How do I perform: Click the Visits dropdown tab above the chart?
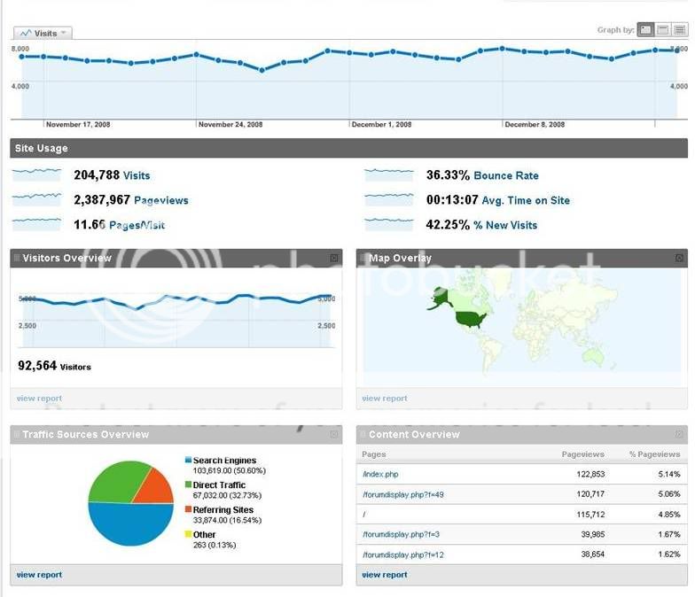coord(42,34)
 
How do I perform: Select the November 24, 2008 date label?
coord(230,125)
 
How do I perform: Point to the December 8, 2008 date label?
coord(535,125)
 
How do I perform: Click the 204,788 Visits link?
coord(137,175)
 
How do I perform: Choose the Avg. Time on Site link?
coord(526,200)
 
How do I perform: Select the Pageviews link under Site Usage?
coord(160,200)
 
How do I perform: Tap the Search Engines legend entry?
coord(224,461)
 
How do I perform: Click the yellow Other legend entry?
coord(204,535)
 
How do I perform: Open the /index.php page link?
coord(380,475)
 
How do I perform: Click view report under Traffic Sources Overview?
coord(39,575)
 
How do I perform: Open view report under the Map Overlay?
coord(385,399)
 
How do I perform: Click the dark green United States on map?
coord(471,318)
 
